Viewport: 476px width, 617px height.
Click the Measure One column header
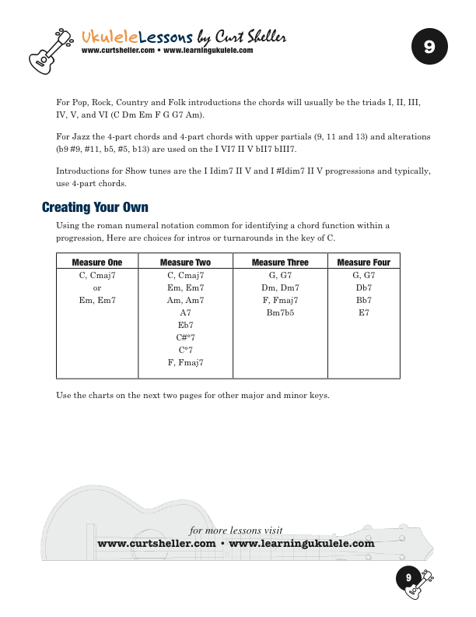coord(97,263)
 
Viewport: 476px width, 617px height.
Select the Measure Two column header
coord(185,263)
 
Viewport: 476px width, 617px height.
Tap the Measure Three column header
coord(280,263)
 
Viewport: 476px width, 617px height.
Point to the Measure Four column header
coord(363,263)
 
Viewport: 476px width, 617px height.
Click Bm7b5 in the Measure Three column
coord(280,312)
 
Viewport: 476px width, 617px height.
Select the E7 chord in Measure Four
coord(363,312)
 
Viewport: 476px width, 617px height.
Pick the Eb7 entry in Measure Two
coord(185,325)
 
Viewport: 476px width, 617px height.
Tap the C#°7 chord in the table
coord(185,337)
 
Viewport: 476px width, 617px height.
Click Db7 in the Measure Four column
coord(363,287)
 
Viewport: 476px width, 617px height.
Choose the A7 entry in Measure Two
coord(185,312)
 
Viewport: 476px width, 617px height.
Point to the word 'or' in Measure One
coord(97,287)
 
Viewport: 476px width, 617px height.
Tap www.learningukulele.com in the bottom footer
coord(302,544)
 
